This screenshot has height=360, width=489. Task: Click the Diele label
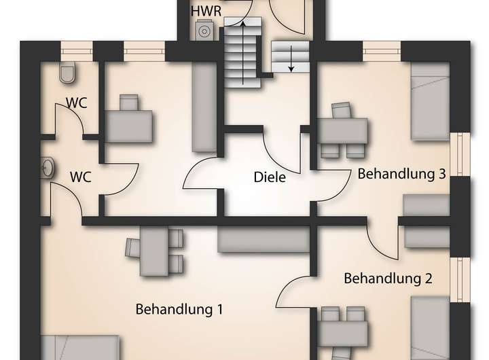pos(269,178)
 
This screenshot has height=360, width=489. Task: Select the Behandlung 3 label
pos(401,174)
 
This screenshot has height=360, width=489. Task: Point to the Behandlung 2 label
pos(388,278)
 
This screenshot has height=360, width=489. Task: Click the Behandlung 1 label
pos(179,310)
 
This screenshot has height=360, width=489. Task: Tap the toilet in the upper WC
pos(67,72)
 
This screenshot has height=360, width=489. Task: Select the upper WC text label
pos(76,103)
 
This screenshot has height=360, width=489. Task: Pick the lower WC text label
pos(81,177)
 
